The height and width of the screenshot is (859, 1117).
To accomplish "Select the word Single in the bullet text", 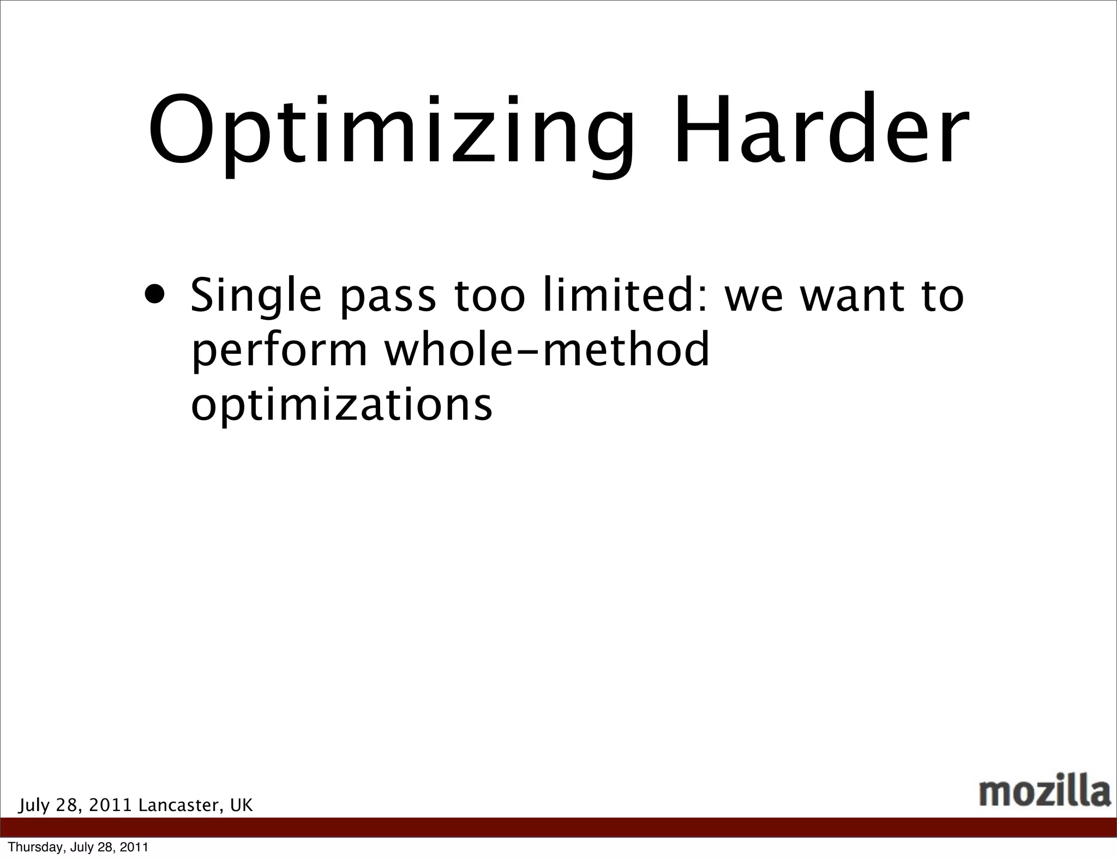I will click(x=256, y=297).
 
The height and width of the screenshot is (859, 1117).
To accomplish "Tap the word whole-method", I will click(x=547, y=349).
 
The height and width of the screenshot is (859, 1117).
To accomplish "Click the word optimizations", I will click(x=341, y=406).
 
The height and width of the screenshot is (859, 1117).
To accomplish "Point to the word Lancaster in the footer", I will click(x=181, y=806).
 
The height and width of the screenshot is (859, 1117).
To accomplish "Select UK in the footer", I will click(x=242, y=806).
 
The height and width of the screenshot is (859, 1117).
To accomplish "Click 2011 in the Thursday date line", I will click(x=134, y=848).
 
